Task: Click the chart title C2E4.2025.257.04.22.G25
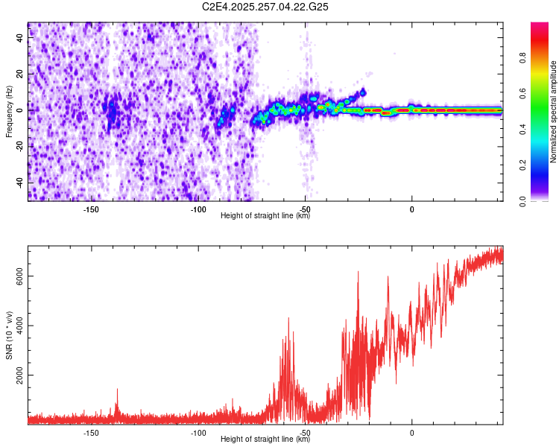265,7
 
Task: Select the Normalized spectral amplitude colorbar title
554,112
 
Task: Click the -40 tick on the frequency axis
22,183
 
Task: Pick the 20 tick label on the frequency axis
22,73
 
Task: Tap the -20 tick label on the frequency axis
22,146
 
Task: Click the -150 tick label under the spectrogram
91,210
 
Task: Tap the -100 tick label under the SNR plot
198,433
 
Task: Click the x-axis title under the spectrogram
265,216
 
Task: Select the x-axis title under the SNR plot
265,440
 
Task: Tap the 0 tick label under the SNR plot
412,433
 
